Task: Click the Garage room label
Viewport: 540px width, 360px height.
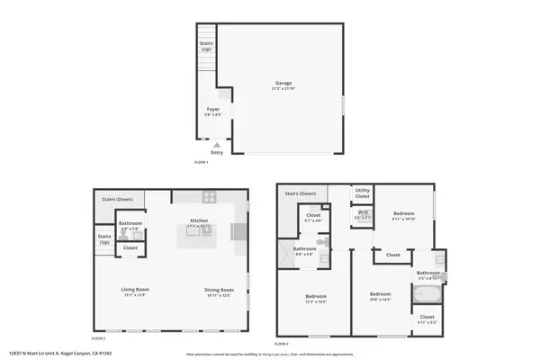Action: coord(283,83)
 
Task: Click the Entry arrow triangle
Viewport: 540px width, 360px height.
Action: coord(217,143)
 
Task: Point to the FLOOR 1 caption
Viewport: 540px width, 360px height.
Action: coord(202,162)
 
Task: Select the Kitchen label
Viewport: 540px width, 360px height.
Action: coord(198,220)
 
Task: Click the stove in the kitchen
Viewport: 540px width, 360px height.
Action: coord(209,196)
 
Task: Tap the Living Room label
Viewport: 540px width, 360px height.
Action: coord(135,289)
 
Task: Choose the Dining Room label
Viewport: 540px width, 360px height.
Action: coord(220,289)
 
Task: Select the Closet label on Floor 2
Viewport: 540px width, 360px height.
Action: coord(130,247)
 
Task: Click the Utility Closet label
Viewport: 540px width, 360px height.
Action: coord(363,193)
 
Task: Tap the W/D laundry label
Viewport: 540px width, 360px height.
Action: coord(363,213)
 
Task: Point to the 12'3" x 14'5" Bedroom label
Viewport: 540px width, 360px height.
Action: coord(315,298)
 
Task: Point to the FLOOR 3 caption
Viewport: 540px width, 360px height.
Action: coord(281,344)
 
